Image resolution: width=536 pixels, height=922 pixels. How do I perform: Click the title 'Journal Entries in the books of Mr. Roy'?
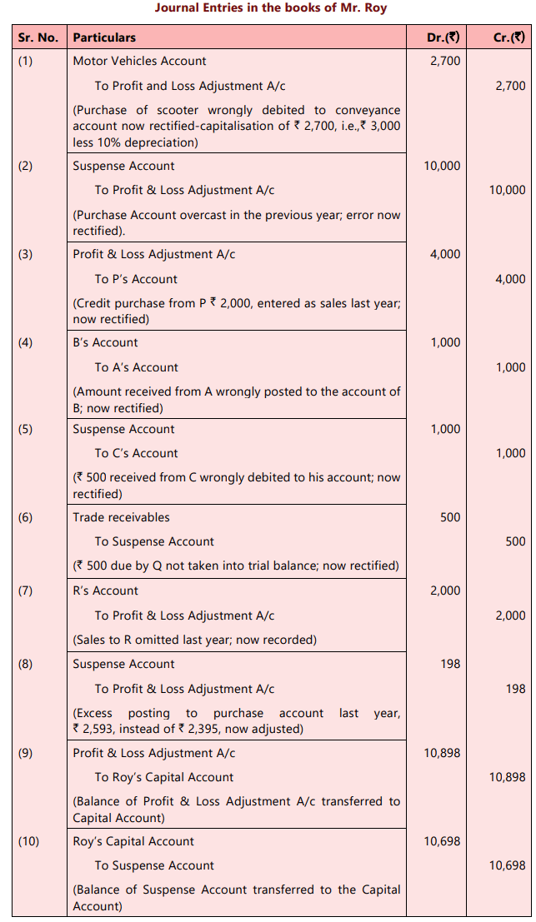point(271,8)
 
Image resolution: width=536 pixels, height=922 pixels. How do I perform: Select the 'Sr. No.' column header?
point(38,37)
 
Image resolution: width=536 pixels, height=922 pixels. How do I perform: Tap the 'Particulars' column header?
point(104,37)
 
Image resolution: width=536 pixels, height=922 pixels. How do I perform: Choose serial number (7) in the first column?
point(26,591)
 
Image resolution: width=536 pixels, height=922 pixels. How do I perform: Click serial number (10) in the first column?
point(28,841)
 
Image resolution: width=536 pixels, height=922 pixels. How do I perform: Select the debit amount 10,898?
point(442,753)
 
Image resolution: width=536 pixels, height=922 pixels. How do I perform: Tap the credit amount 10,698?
point(508,866)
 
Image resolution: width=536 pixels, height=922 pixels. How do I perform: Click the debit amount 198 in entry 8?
point(449,664)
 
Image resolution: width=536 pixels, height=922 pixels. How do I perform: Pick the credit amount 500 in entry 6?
point(515,541)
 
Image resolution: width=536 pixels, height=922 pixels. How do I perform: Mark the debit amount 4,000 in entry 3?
point(444,254)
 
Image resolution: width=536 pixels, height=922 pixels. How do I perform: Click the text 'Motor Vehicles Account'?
point(139,61)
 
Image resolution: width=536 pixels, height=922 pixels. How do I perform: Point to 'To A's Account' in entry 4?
point(137,367)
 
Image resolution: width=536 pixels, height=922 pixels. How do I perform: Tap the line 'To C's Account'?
point(137,453)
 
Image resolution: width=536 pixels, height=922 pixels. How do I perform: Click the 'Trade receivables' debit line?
point(121,517)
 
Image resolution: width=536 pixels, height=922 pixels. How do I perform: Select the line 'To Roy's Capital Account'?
point(164,777)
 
